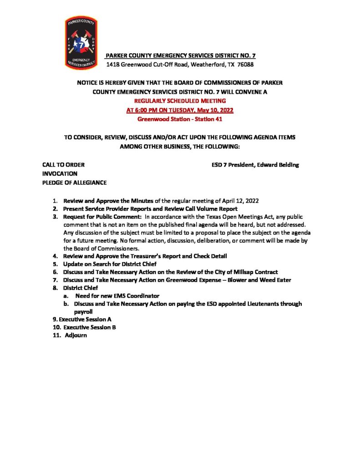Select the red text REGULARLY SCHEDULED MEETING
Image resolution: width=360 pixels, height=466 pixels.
point(180,101)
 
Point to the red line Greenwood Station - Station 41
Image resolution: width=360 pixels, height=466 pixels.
point(180,120)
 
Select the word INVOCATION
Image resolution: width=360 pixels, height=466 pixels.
point(60,174)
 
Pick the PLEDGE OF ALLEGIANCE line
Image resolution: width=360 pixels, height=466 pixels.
point(74,183)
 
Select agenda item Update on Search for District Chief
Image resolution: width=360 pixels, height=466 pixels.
point(116,264)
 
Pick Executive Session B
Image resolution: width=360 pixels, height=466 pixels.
point(84,328)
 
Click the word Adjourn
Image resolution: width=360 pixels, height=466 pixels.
point(76,336)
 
